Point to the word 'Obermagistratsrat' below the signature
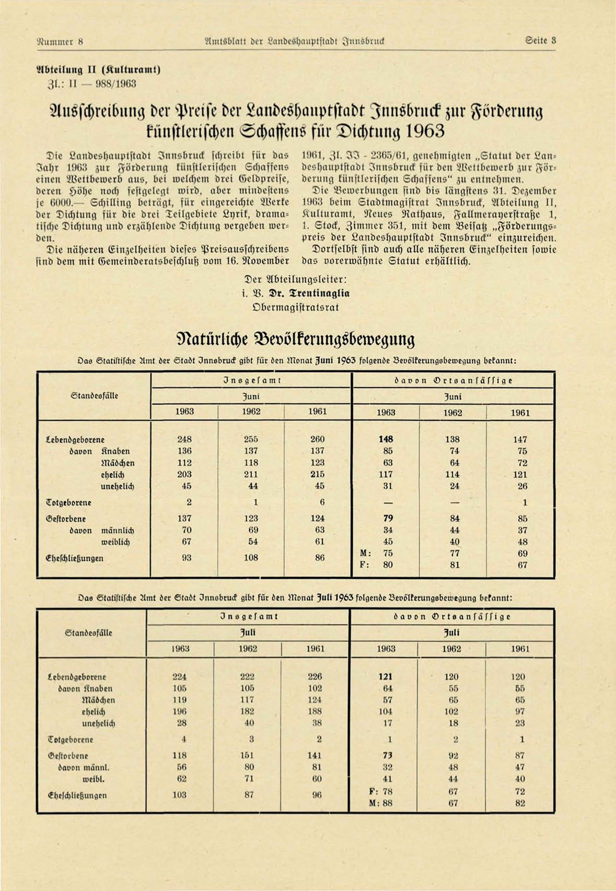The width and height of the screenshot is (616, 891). coord(295,307)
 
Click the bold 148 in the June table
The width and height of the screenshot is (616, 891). coord(386,439)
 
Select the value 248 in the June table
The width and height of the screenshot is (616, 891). coord(184,439)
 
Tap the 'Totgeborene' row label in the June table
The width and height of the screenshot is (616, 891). coord(68,502)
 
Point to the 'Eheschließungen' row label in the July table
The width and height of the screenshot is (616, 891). coord(77,795)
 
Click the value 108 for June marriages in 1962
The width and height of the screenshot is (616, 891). coord(251,557)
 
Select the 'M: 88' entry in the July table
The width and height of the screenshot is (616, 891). coord(380,803)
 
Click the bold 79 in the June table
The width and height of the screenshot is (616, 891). coord(388,518)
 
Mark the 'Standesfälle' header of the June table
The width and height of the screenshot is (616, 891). coord(94,395)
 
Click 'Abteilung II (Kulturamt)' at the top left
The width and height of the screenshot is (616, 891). coord(98,69)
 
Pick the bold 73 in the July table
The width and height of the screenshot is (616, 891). coord(387,755)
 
